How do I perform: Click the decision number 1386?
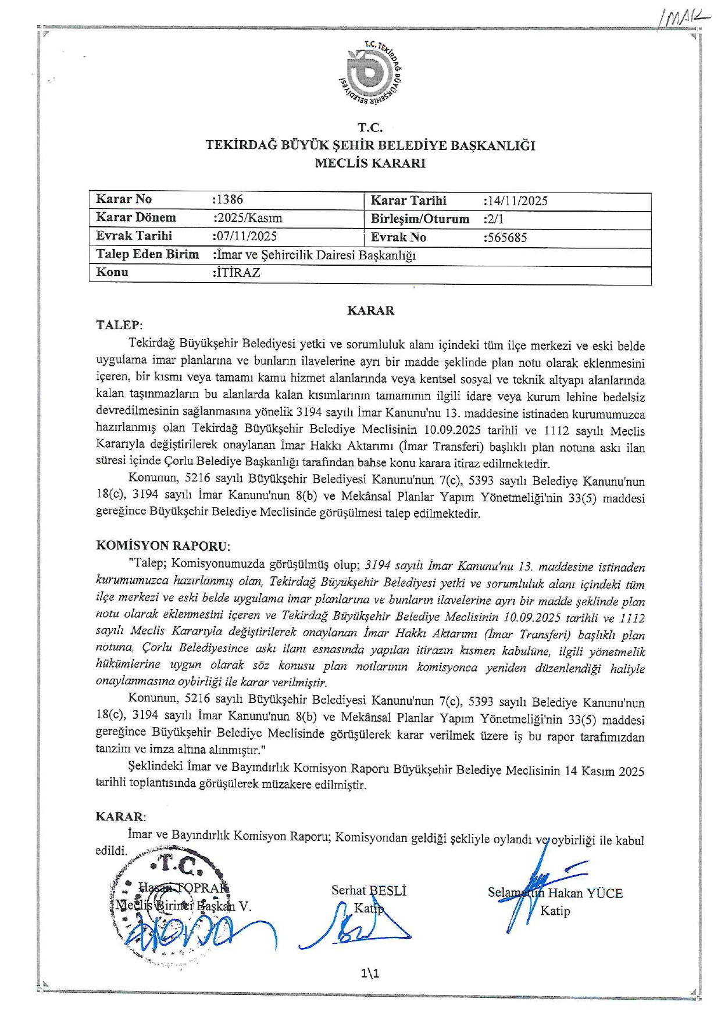[x=229, y=199]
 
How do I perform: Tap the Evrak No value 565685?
[x=506, y=237]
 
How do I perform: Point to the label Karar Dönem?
[x=135, y=217]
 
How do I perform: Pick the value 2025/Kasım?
[x=249, y=218]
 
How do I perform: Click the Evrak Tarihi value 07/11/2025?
[x=246, y=236]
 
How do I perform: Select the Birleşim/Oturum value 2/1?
[x=495, y=219]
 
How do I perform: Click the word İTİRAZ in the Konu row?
[x=238, y=272]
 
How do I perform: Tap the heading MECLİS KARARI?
[x=370, y=163]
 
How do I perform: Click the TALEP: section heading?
[x=119, y=325]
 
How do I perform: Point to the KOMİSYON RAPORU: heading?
[x=163, y=546]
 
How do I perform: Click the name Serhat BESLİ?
[x=369, y=890]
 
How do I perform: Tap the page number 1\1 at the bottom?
[x=370, y=973]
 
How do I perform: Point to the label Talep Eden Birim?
[x=147, y=254]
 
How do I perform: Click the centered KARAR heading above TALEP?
[x=370, y=311]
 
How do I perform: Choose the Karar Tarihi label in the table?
[x=408, y=201]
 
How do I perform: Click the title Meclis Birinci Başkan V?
[x=183, y=906]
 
